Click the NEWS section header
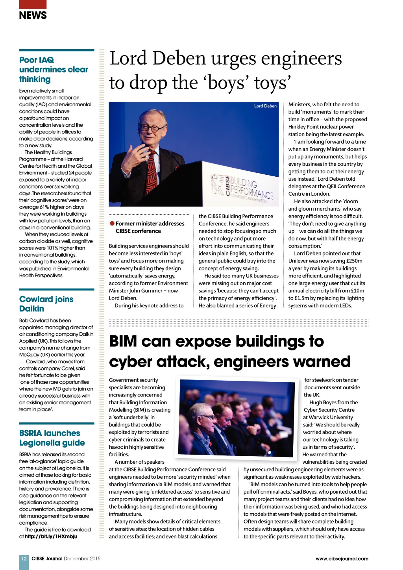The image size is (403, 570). [x=33, y=15]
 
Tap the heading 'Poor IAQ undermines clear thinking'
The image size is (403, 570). [x=54, y=70]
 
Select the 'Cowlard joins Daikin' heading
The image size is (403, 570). [x=46, y=304]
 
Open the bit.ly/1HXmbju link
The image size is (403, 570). [x=51, y=537]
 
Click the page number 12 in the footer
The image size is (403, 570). [x=24, y=558]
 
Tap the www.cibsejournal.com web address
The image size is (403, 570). [x=342, y=559]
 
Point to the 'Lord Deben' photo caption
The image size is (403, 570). [x=265, y=106]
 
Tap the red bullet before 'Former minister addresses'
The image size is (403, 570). [x=112, y=223]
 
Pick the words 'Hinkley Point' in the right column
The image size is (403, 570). [x=305, y=127]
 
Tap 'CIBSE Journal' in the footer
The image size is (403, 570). [x=47, y=558]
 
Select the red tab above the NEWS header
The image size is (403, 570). [x=33, y=4]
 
